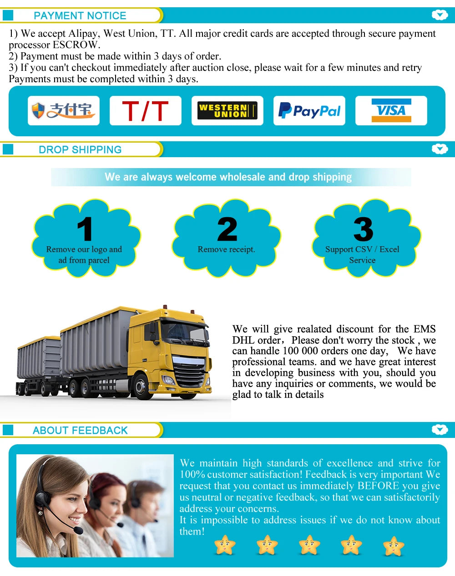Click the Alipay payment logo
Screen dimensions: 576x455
[63, 110]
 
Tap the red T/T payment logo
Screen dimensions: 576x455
[145, 111]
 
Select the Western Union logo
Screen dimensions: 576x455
[227, 111]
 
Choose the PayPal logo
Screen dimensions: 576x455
[309, 111]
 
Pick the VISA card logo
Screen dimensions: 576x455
[391, 110]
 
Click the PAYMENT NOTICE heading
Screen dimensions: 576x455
[80, 15]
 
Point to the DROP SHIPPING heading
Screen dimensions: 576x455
[80, 149]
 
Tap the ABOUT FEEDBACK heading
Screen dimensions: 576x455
[80, 430]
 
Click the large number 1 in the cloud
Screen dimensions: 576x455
[85, 229]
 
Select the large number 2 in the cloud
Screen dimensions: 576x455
[227, 229]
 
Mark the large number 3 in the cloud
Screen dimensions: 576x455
[363, 229]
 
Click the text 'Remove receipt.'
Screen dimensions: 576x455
[226, 249]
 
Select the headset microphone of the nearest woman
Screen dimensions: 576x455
[78, 530]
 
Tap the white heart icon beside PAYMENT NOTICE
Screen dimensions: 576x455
[440, 15]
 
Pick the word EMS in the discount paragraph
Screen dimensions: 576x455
[424, 329]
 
